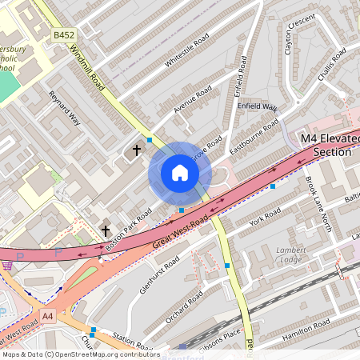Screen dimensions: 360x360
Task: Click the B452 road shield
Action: pyautogui.click(x=63, y=35)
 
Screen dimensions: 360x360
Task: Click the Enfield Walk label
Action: pyautogui.click(x=257, y=107)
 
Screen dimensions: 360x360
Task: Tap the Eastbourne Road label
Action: pyautogui.click(x=254, y=136)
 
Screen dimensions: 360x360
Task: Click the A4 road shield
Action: pyautogui.click(x=49, y=315)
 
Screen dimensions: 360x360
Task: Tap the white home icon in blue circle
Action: pyautogui.click(x=180, y=173)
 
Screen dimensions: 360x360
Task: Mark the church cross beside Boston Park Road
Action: pyautogui.click(x=106, y=230)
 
